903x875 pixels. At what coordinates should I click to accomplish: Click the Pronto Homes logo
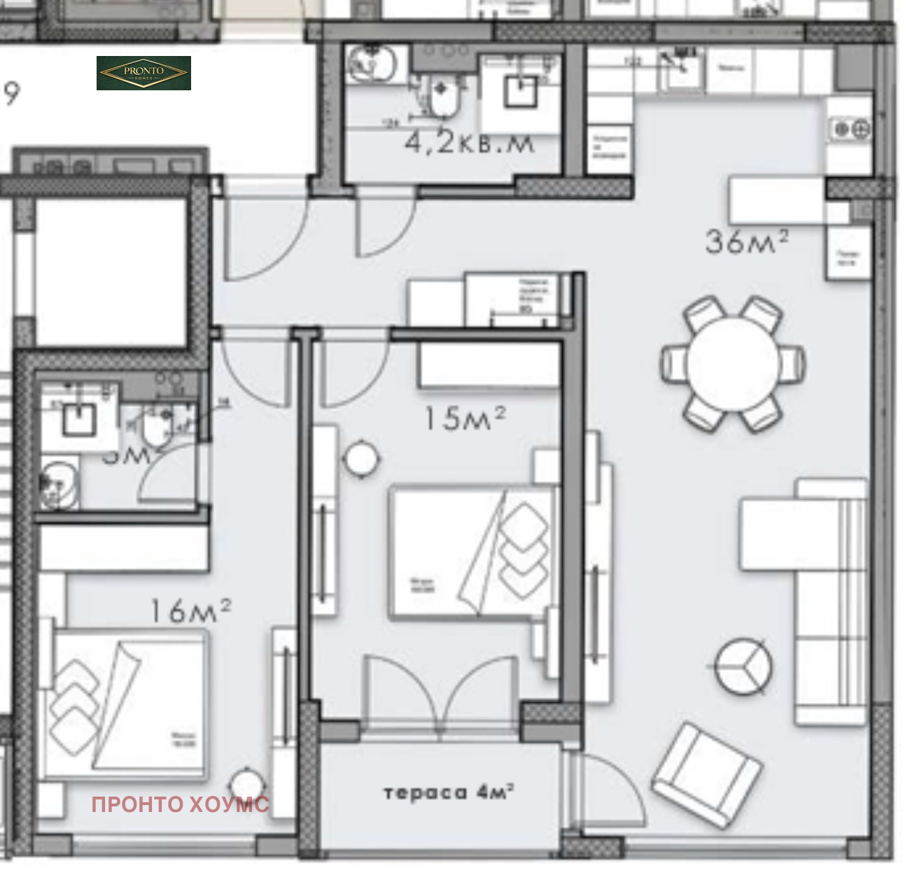click(x=143, y=73)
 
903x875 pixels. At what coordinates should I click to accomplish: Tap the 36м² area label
click(x=746, y=241)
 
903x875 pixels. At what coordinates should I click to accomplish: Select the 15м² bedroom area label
click(x=464, y=419)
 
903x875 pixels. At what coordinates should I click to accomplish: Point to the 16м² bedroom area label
click(x=190, y=610)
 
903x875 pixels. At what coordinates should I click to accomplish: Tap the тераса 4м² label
click(x=448, y=792)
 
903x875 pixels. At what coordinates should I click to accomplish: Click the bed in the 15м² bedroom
click(x=470, y=553)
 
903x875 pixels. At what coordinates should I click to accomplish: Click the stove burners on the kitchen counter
click(x=850, y=129)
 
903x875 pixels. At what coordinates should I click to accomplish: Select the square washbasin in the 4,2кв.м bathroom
click(x=519, y=90)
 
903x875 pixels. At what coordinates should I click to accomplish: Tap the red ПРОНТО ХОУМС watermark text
click(x=180, y=804)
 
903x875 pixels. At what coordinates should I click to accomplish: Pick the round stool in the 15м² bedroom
click(x=362, y=458)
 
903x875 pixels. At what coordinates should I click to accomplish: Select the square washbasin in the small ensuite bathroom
click(x=78, y=419)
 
